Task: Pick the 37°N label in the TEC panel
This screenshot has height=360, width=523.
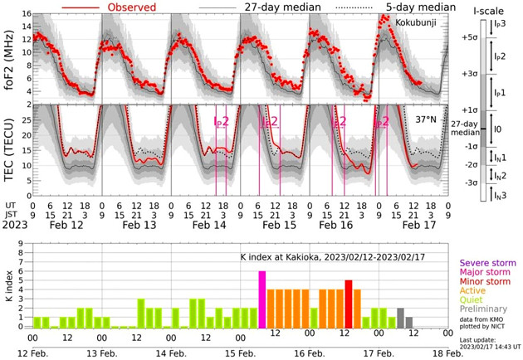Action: coord(427,119)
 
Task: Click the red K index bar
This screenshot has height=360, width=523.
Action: coord(349,304)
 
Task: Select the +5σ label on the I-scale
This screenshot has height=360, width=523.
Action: coord(468,37)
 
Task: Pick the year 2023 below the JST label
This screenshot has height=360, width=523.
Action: coord(15,225)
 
